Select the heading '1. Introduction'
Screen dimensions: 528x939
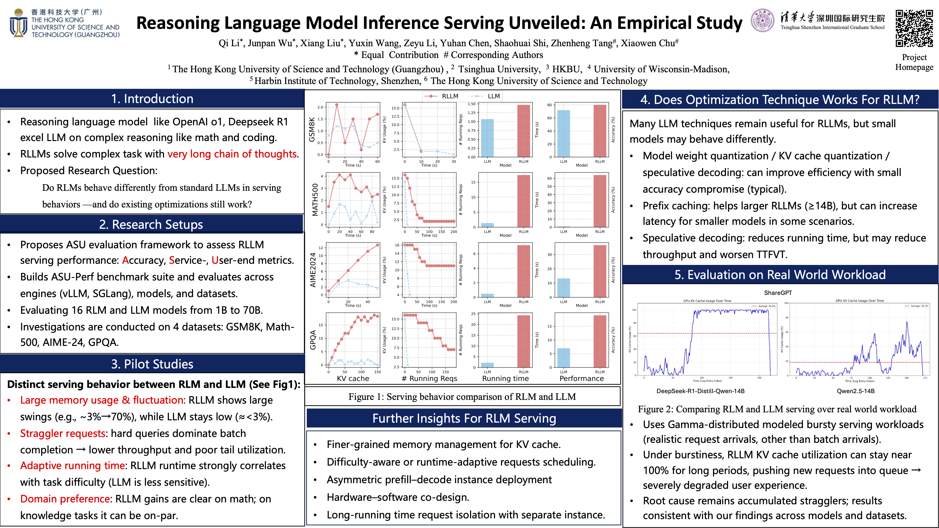(x=152, y=99)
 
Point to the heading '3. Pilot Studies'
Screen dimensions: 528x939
(x=152, y=364)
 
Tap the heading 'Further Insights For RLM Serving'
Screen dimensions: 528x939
(x=464, y=418)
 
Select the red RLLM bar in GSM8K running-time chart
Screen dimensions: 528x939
(x=523, y=131)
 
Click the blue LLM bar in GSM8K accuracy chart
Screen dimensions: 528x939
(x=564, y=134)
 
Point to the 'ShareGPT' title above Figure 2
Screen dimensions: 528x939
(x=777, y=293)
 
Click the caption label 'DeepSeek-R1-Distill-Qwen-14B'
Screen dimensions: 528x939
(x=700, y=391)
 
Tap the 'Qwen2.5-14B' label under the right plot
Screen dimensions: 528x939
(x=855, y=391)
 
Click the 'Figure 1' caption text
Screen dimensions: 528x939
(x=462, y=396)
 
